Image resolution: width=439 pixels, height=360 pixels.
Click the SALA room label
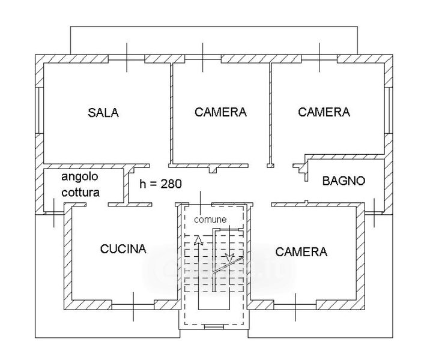point(103,112)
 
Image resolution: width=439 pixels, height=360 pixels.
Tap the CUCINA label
point(123,249)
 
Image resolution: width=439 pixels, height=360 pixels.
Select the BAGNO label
point(344,181)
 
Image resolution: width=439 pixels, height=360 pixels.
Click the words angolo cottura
point(80,185)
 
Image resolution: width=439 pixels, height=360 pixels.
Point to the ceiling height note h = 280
point(161,184)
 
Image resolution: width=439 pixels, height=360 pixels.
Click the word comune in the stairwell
point(210,220)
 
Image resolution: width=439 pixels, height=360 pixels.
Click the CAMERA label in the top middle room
point(220,112)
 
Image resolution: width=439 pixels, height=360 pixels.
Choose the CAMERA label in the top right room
point(324,112)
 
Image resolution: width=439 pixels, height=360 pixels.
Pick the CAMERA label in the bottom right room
point(301,252)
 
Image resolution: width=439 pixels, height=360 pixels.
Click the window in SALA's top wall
point(127,58)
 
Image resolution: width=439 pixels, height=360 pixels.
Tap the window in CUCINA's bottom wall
point(133,307)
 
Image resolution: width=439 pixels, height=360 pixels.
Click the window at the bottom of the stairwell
point(214,326)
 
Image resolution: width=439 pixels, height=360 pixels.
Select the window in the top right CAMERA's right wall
point(387,110)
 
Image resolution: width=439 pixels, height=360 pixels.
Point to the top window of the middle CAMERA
point(203,58)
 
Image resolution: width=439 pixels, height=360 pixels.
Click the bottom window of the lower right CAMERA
point(295,307)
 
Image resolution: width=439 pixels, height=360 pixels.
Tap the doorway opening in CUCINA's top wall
point(97,205)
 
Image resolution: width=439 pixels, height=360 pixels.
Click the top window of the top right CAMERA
point(319,58)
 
